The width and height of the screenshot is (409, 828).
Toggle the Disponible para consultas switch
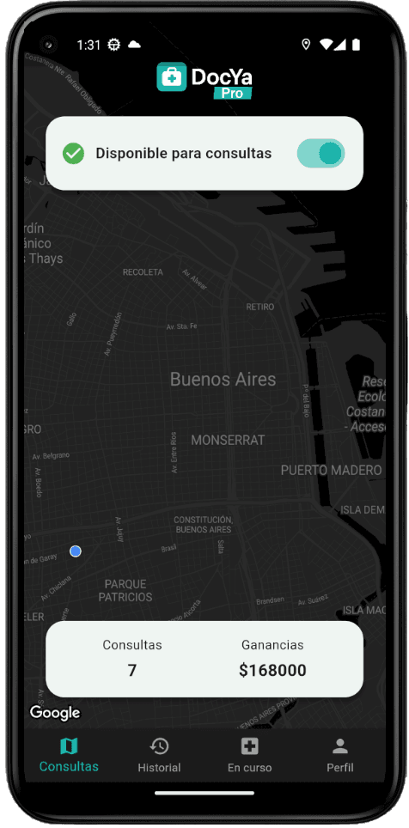click(320, 154)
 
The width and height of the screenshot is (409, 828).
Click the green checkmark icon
click(74, 154)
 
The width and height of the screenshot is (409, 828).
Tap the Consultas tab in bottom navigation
click(69, 755)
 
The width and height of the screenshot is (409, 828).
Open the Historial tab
click(159, 755)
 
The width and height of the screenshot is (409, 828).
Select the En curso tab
click(249, 755)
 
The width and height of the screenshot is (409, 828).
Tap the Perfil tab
click(340, 755)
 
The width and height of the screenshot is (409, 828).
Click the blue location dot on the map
click(76, 551)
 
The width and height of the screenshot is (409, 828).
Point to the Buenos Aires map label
click(223, 379)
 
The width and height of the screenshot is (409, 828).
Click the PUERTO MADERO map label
click(331, 471)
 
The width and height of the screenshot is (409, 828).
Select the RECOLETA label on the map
click(143, 272)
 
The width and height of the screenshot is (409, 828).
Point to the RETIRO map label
click(259, 307)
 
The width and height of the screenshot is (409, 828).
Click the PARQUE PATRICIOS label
click(125, 590)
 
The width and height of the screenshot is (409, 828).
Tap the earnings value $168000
click(272, 671)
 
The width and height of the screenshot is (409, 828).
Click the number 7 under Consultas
click(131, 671)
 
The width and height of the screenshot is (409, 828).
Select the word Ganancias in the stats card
click(272, 645)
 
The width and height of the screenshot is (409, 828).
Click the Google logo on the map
click(55, 712)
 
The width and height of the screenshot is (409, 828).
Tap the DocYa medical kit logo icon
click(172, 77)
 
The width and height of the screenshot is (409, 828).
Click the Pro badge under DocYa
click(232, 93)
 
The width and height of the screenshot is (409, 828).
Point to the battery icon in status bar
click(357, 45)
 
